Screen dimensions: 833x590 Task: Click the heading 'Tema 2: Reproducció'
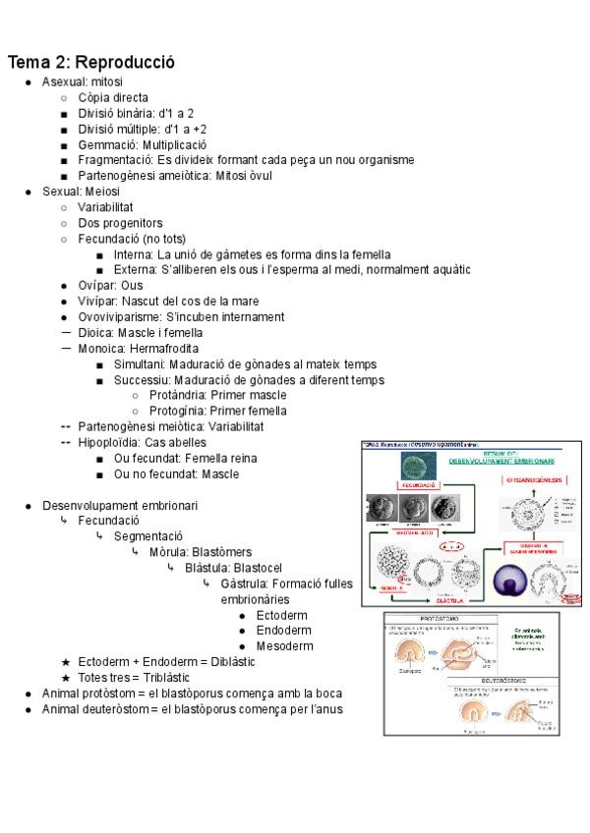click(90, 62)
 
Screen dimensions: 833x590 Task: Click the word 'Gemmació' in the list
click(108, 144)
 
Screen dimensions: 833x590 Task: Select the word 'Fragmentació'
click(116, 160)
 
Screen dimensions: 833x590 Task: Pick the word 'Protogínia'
click(180, 411)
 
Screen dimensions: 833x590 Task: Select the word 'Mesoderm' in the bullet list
click(284, 645)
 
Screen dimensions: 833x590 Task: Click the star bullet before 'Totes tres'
click(66, 678)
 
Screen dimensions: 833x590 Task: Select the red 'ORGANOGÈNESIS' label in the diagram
click(534, 479)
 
